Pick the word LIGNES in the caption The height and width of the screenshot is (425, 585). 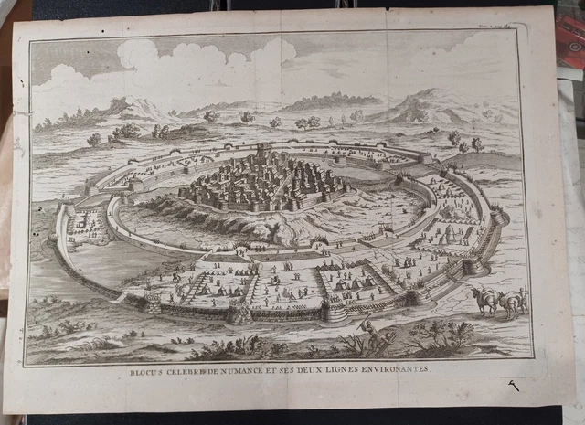click(x=340, y=372)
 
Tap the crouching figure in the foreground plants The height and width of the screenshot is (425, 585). click(x=367, y=329)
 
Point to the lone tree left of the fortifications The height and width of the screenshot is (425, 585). click(x=94, y=140)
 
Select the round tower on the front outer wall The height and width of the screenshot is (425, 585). click(x=239, y=313)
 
